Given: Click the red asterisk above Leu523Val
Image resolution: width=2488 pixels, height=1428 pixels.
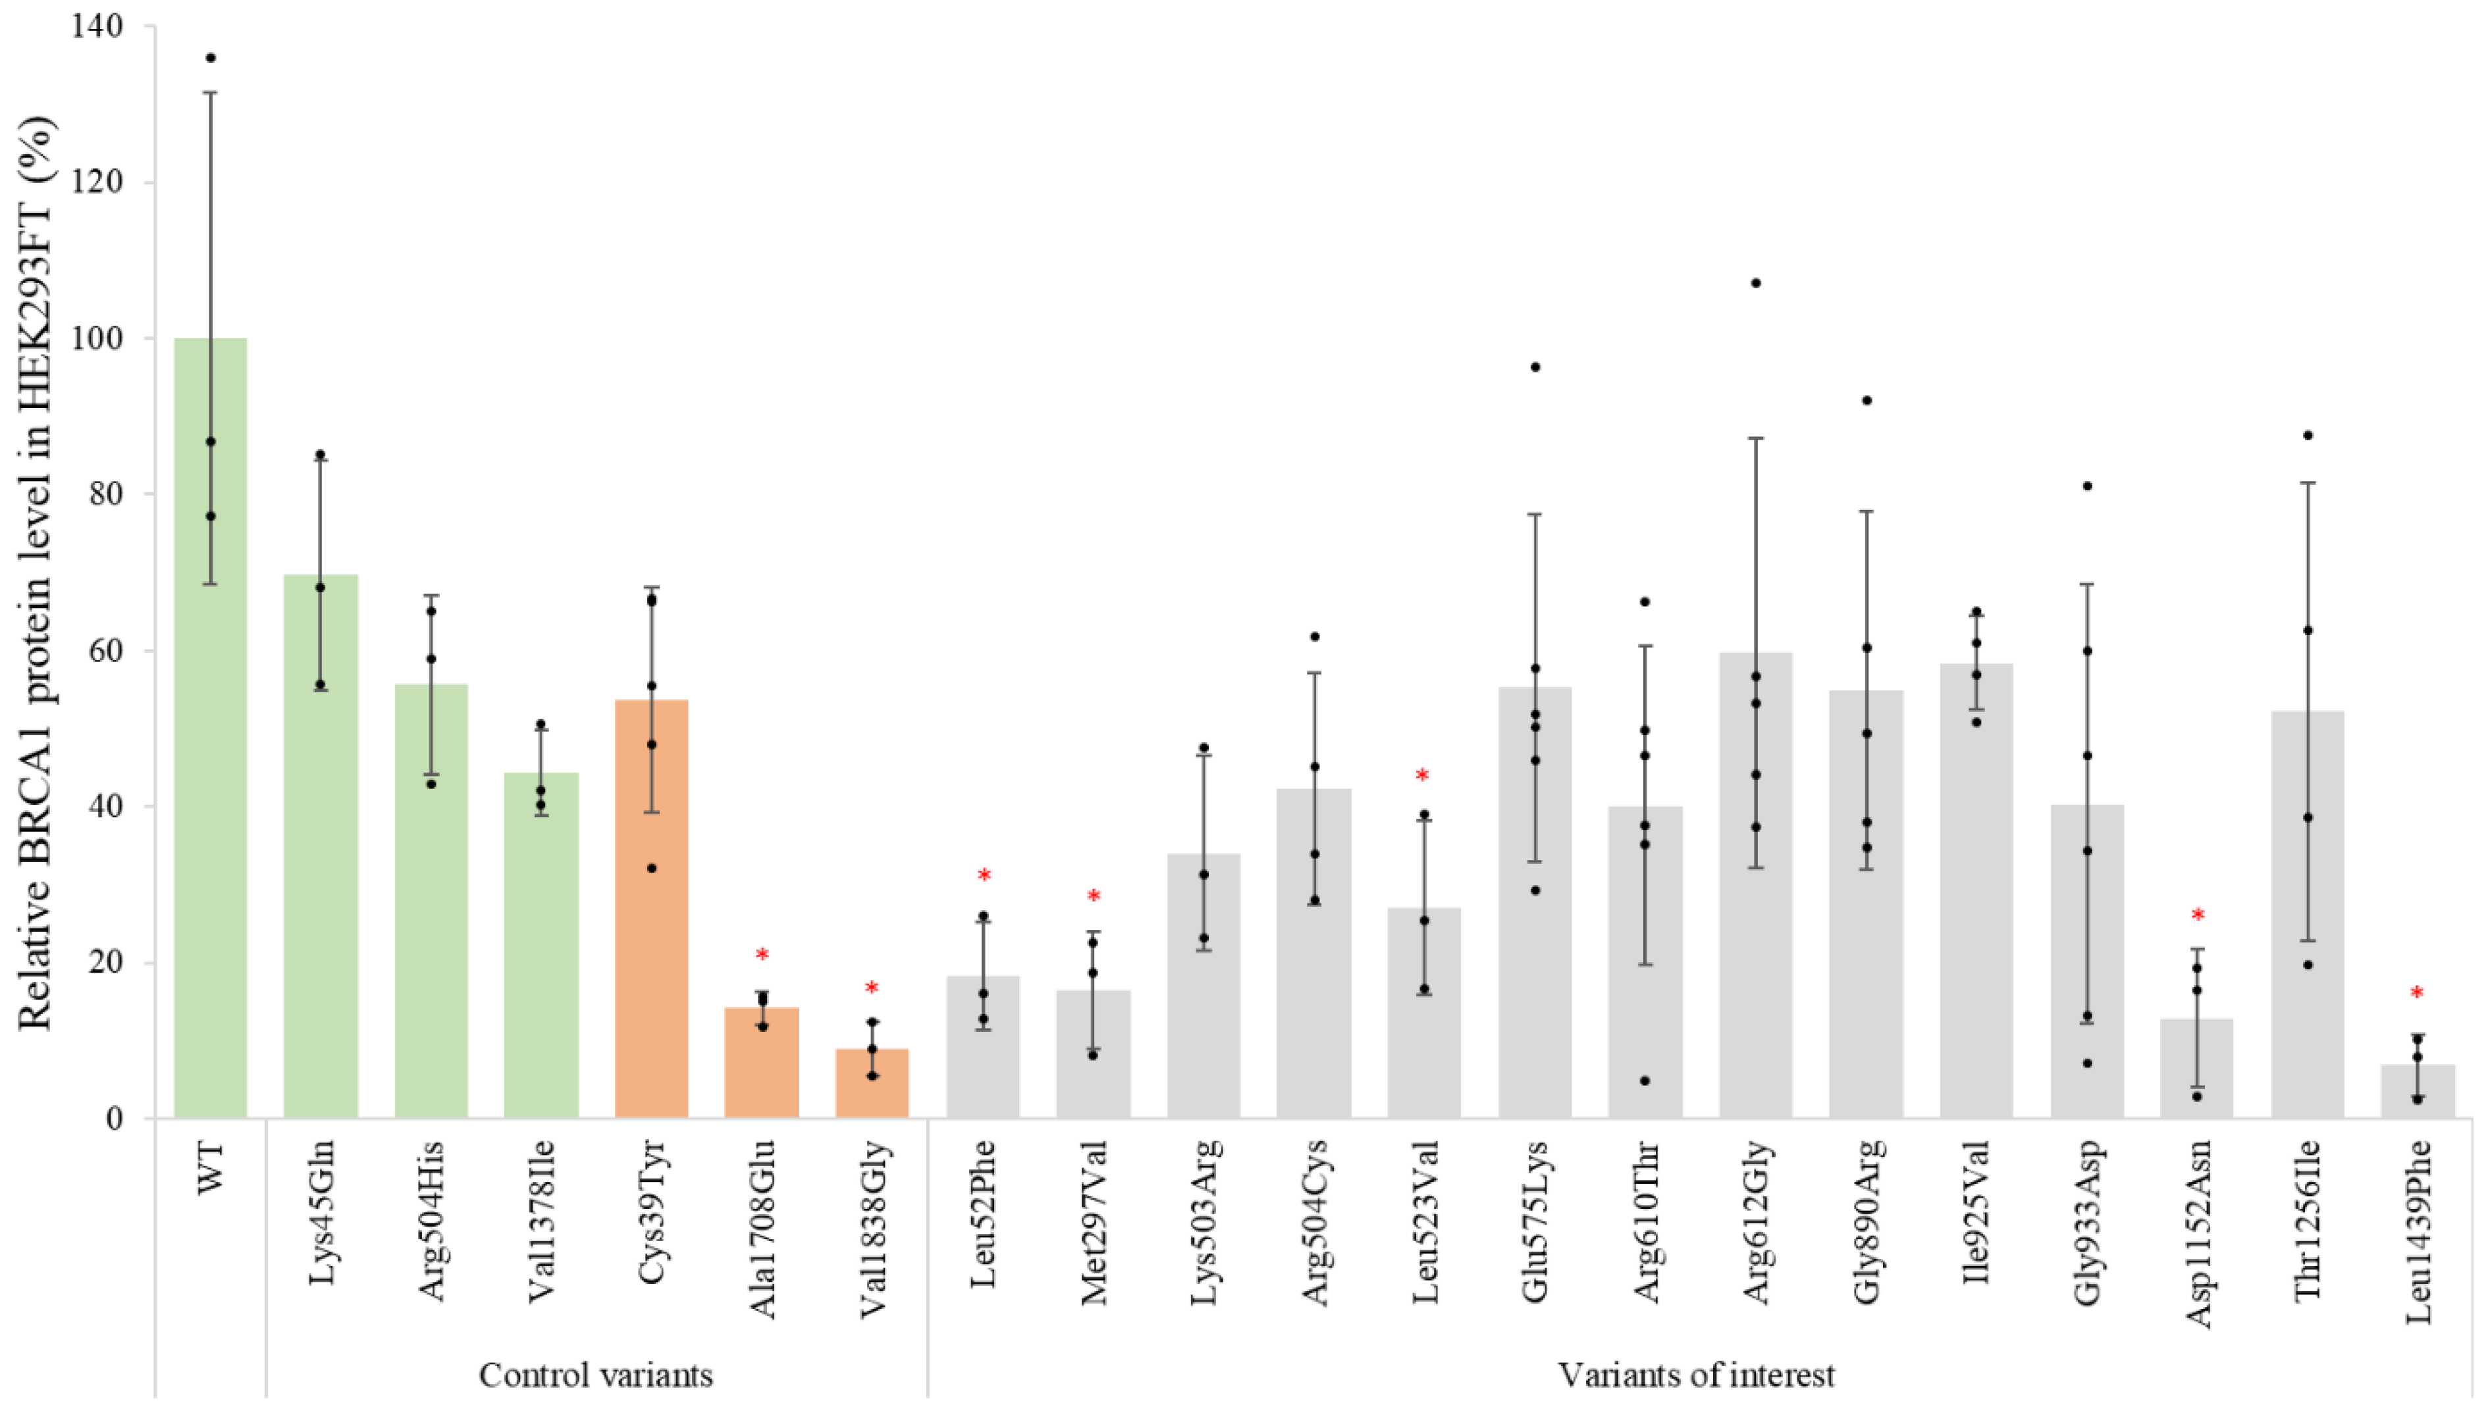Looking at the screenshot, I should coord(1421,777).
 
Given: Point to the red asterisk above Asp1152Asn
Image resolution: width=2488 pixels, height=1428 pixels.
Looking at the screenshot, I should coord(2198,916).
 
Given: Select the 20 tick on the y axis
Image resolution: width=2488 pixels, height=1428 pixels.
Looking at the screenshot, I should coord(108,962).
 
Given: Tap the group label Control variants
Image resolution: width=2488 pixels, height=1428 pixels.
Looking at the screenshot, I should coord(596,1375).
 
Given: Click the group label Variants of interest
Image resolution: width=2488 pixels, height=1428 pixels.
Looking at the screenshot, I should coord(1696,1375).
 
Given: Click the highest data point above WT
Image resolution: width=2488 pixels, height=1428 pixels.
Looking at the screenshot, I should coord(210,58).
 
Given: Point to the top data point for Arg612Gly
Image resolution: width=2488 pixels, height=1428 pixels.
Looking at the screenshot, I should coord(1755,284).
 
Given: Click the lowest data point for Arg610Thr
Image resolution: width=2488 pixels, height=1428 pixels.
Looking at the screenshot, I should coord(1645,1081).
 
